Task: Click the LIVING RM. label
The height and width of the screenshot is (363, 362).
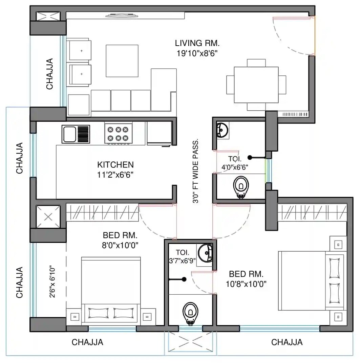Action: click(197, 43)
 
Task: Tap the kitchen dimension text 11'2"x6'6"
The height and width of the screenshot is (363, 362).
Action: click(115, 175)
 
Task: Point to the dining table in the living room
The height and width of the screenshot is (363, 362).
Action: click(256, 85)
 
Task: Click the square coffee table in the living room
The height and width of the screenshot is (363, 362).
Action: click(122, 61)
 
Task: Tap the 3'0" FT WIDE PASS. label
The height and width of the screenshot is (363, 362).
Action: click(195, 171)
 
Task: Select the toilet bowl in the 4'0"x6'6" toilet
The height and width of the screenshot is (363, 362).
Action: click(241, 186)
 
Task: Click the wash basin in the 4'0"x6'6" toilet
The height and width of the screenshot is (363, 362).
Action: click(222, 130)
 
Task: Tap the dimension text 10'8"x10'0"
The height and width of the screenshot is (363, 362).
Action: click(247, 284)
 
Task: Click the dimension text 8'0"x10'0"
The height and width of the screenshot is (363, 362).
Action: click(120, 245)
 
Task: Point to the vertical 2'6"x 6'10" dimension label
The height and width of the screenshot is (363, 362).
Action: click(53, 281)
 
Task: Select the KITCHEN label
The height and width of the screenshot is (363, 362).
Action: click(115, 165)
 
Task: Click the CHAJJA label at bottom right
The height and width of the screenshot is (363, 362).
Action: click(287, 342)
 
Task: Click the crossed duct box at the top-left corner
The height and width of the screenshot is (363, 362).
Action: click(48, 16)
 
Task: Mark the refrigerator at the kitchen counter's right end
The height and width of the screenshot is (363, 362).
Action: click(159, 133)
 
